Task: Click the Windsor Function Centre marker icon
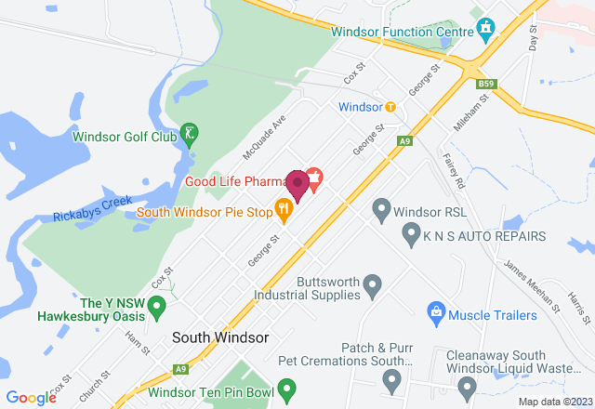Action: pos(484,29)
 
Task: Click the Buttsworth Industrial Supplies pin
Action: pos(373,284)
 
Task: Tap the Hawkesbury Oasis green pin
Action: pos(157,304)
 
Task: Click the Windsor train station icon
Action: pos(390,107)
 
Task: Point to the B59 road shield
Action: pos(484,84)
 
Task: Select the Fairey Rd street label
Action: pos(453,167)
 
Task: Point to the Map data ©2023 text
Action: pos(554,402)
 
